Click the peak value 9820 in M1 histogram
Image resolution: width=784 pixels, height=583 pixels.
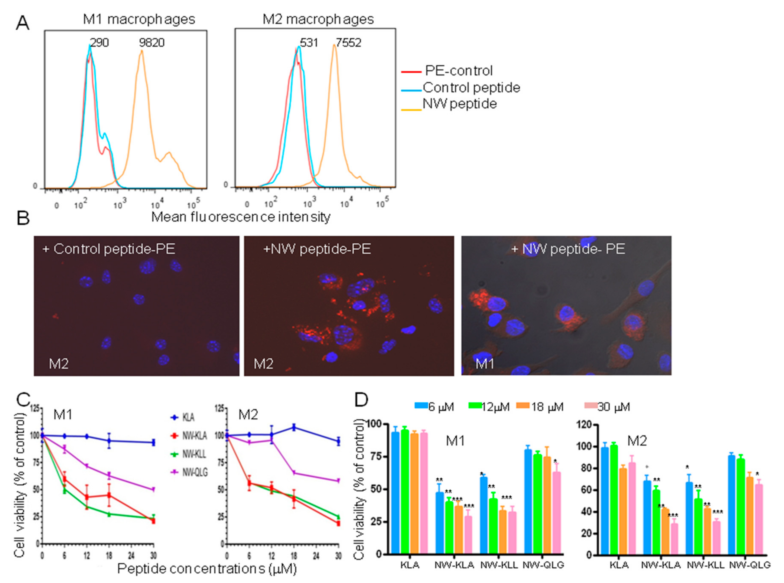click(152, 43)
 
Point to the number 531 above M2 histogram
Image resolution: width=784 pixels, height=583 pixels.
click(309, 43)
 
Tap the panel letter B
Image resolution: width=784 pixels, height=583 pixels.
click(23, 218)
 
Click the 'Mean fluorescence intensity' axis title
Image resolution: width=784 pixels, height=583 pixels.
click(241, 217)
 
